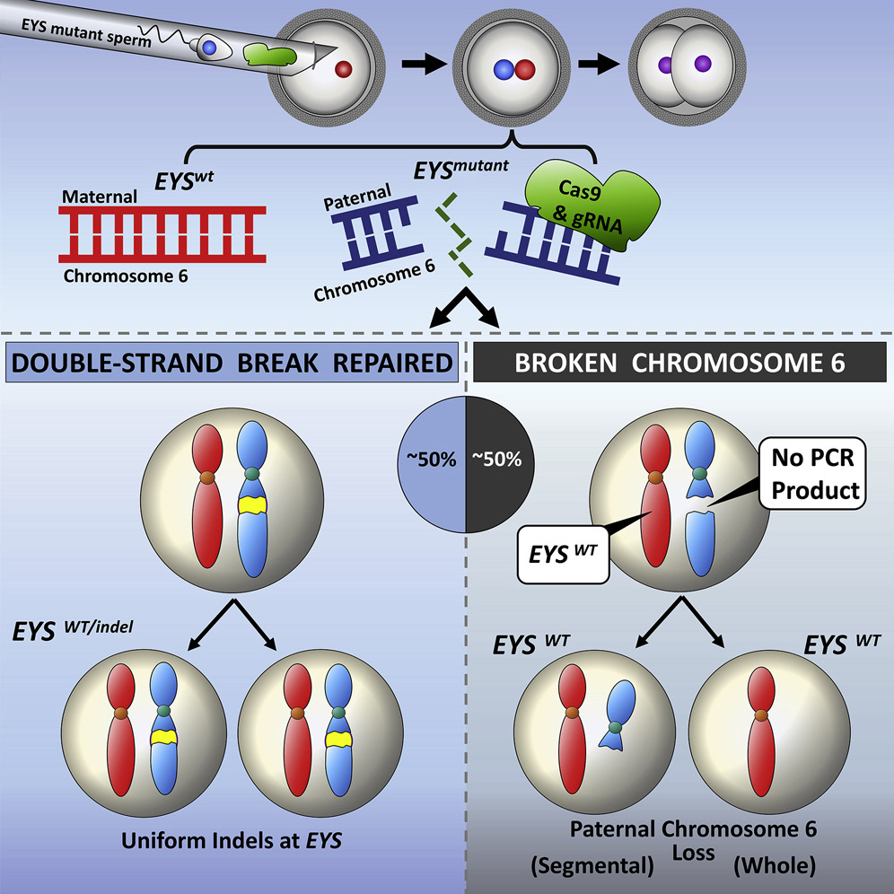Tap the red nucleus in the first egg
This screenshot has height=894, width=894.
(342, 68)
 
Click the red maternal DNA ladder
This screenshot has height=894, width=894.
(162, 235)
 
